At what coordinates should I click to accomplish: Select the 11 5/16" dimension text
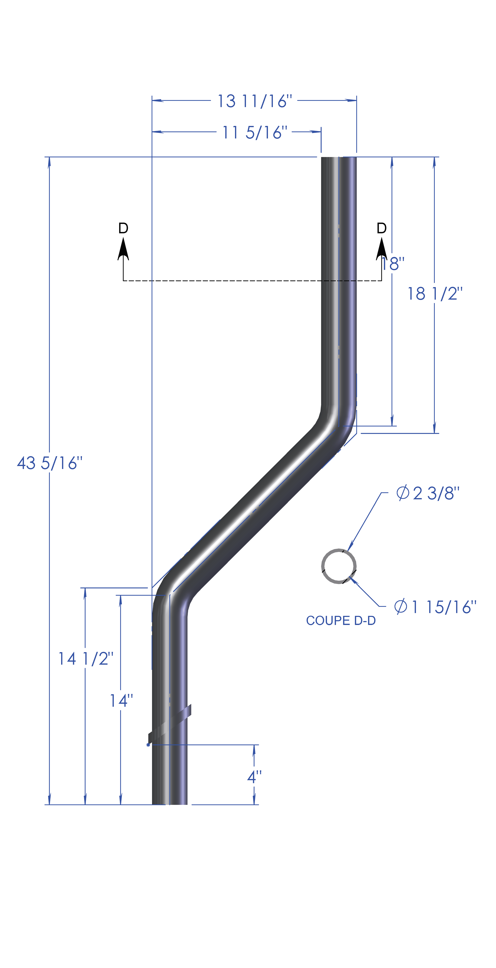255,132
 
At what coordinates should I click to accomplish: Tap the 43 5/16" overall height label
50,463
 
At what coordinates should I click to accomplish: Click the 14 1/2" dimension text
85,659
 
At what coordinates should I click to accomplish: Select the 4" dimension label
254,777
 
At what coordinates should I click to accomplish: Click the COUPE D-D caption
341,620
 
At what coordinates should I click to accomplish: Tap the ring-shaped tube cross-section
339,566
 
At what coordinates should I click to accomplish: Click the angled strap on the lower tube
170,723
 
